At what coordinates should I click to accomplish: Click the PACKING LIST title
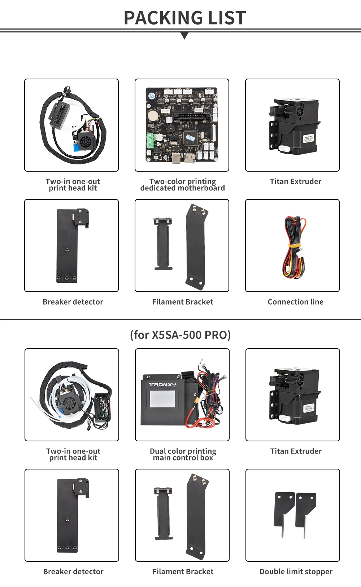point(184,18)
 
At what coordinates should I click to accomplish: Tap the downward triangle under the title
point(184,36)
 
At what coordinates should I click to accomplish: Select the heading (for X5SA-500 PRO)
point(180,335)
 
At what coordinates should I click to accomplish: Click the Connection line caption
point(295,302)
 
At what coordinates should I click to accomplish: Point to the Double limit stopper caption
point(296,571)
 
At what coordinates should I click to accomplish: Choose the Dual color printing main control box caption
point(183,454)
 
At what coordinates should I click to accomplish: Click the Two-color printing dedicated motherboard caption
point(182,185)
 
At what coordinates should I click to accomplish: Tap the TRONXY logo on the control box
point(163,385)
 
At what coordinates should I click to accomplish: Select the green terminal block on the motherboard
point(151,141)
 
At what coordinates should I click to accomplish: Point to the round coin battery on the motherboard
point(153,116)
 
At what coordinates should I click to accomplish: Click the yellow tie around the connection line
point(295,246)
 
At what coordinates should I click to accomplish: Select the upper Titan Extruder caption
point(295,181)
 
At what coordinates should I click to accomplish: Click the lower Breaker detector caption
point(73,571)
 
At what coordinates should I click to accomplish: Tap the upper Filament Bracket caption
point(182,302)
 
